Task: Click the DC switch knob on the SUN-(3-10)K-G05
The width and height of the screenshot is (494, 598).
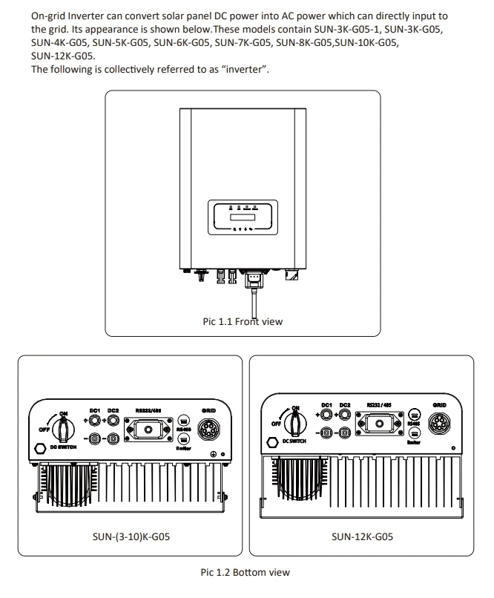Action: (x=65, y=428)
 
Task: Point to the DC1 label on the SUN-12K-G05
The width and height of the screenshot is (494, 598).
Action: (x=326, y=405)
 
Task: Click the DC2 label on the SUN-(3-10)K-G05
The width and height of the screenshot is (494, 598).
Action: (x=113, y=410)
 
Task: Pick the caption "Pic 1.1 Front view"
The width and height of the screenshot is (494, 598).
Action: (x=242, y=322)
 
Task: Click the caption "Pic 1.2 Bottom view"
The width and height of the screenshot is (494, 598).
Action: (x=245, y=572)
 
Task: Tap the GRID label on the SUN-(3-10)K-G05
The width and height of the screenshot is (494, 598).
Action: (x=210, y=410)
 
